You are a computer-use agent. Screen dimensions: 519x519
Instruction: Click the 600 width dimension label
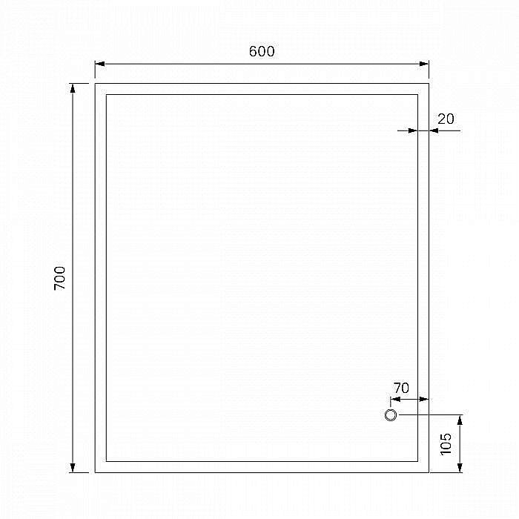pos(262,51)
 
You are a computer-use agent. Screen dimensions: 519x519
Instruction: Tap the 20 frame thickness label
pos(446,119)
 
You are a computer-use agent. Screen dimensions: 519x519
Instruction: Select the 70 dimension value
pos(401,388)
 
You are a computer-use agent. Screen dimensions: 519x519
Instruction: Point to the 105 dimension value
pos(446,443)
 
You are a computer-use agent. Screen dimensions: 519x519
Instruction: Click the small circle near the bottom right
pos(391,415)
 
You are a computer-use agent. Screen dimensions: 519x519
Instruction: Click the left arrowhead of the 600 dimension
pos(99,65)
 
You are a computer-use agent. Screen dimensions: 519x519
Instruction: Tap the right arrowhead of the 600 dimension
pos(424,65)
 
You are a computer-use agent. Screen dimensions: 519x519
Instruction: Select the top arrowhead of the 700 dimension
pos(73,88)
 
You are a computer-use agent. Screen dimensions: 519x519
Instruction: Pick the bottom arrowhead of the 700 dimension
pos(73,467)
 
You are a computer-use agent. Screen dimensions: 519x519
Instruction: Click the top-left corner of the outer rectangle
pos(95,84)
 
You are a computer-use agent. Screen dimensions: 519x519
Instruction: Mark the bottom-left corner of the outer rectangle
pos(95,472)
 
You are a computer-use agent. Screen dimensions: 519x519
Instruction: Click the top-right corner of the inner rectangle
pos(417,95)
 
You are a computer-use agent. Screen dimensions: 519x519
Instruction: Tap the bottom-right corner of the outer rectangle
pos(429,472)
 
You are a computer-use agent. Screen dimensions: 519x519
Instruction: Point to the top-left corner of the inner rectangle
pos(106,95)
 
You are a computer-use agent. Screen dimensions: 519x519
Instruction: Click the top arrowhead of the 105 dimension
pos(460,420)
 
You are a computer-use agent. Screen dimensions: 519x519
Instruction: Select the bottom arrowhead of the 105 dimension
pos(460,468)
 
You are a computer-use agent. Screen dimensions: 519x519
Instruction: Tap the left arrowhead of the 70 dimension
pos(394,399)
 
